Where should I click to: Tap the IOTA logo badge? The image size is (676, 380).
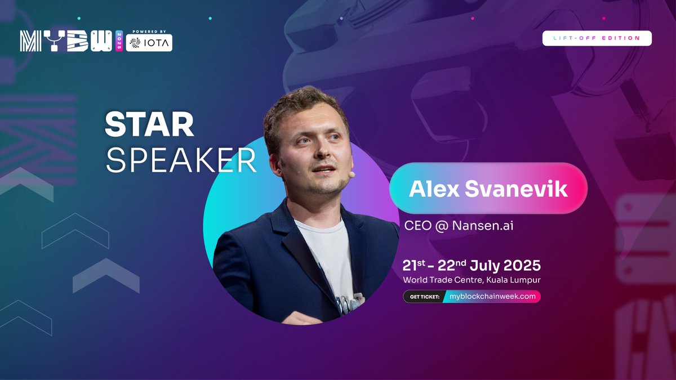(x=149, y=43)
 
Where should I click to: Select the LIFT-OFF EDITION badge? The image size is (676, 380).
(x=597, y=38)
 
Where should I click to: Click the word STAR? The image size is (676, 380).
(x=149, y=126)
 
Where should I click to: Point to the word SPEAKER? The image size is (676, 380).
(x=181, y=161)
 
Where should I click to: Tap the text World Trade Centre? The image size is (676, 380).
(x=439, y=280)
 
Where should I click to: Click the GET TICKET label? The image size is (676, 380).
(x=423, y=297)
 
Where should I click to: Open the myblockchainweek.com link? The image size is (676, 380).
(x=492, y=297)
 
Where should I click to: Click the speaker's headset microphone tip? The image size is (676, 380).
(x=351, y=175)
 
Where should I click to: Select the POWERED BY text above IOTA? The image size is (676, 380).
(x=149, y=32)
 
